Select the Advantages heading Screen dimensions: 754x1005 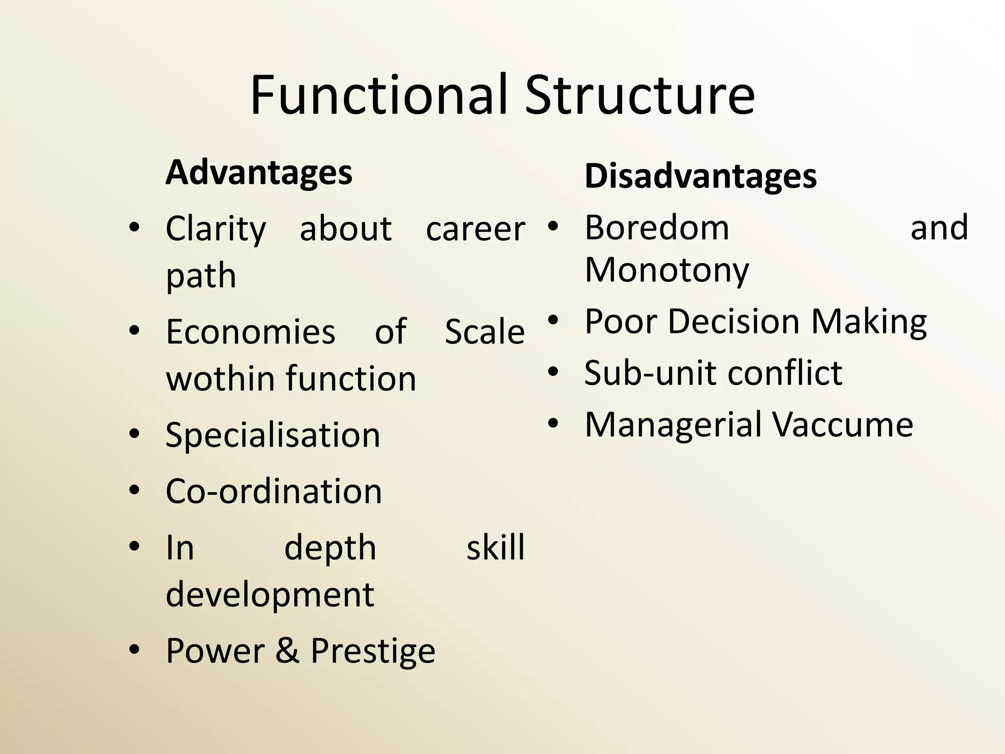[259, 173]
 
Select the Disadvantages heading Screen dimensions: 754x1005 [700, 176]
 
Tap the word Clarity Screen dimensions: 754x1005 [215, 229]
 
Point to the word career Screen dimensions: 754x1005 [475, 229]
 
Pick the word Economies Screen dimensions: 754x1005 [250, 332]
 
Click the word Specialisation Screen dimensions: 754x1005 [272, 435]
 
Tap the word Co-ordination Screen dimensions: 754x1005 [273, 491]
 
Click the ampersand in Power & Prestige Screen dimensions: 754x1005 [287, 651]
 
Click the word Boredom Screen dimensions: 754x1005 [657, 228]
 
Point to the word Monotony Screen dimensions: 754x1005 [667, 270]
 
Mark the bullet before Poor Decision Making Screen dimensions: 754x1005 [553, 321]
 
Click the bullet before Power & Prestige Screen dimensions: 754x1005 [134, 650]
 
